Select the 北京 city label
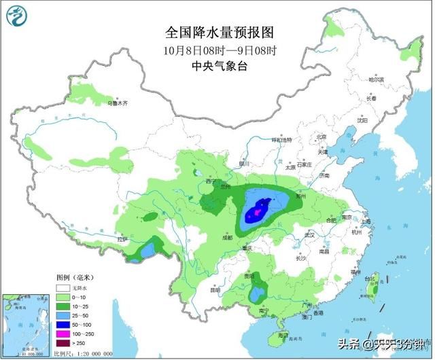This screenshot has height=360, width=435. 321,138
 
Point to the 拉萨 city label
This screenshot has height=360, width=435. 122,239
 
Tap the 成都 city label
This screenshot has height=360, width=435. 226,237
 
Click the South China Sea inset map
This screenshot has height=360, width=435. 26,323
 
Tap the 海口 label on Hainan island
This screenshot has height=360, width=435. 284,336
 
